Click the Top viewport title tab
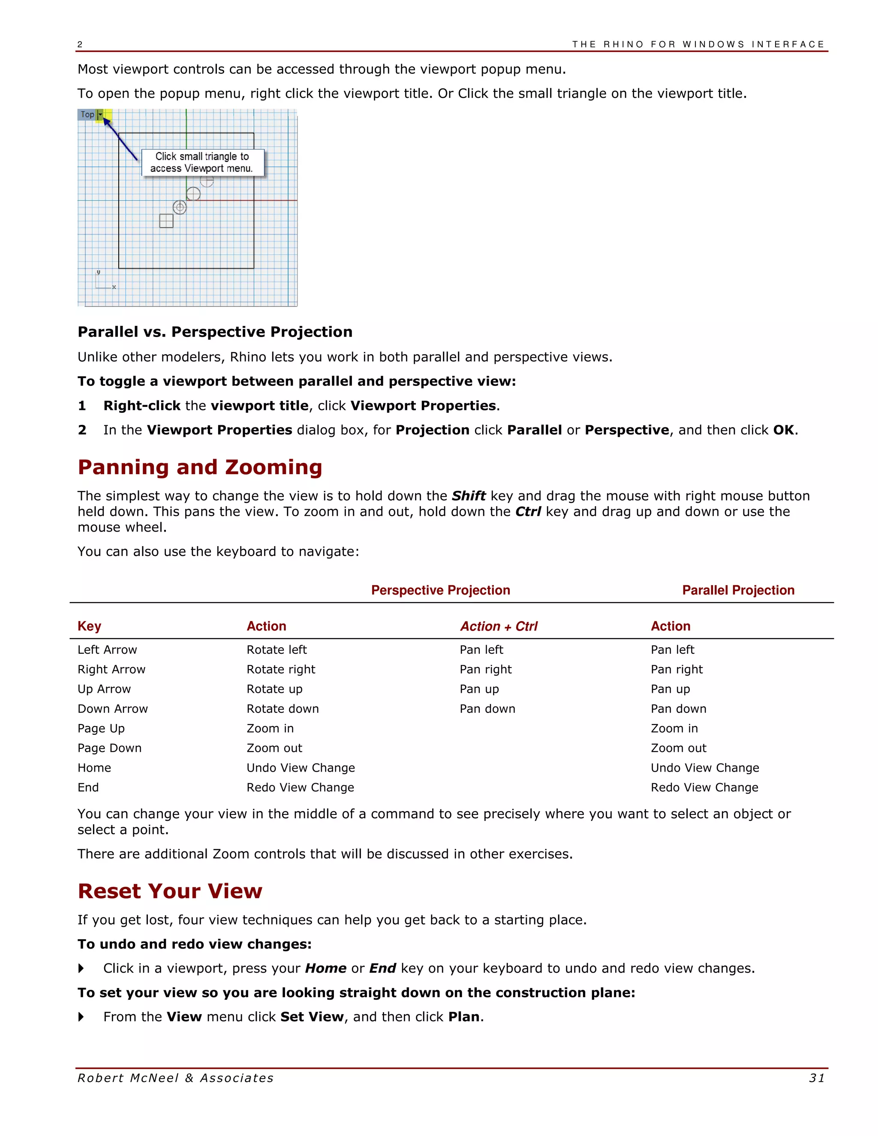click(87, 114)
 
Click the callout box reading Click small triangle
click(202, 162)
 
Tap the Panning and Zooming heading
click(200, 467)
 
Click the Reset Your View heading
click(170, 891)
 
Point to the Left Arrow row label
click(107, 649)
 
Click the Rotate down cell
click(283, 709)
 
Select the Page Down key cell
click(109, 748)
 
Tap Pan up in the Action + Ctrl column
click(479, 689)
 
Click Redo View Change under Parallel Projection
click(704, 787)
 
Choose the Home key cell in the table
click(94, 768)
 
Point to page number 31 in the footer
click(817, 1078)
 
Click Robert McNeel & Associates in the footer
click(175, 1078)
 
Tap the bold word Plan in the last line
click(464, 1017)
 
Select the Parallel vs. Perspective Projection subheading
click(215, 332)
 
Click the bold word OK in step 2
click(783, 430)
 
